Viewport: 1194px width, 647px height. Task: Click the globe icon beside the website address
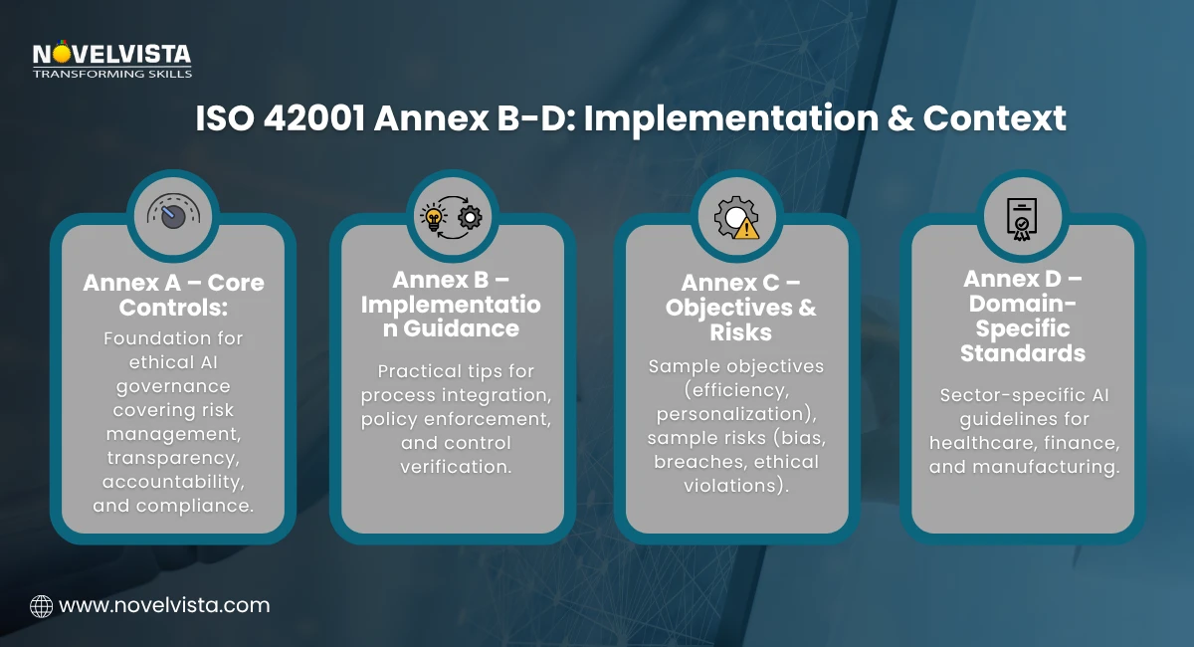(42, 605)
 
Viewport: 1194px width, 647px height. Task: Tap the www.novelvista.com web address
(164, 605)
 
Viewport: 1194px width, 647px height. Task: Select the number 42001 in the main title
(317, 118)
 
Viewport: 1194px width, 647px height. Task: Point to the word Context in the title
(994, 118)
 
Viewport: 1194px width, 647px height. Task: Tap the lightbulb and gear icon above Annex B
(453, 215)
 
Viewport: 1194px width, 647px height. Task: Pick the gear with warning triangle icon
(737, 216)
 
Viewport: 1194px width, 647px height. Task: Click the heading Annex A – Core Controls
(173, 294)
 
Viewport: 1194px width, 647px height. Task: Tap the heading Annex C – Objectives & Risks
(737, 308)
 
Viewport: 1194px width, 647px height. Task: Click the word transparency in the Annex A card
(173, 457)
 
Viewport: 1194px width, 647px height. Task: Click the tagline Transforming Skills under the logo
(111, 73)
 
